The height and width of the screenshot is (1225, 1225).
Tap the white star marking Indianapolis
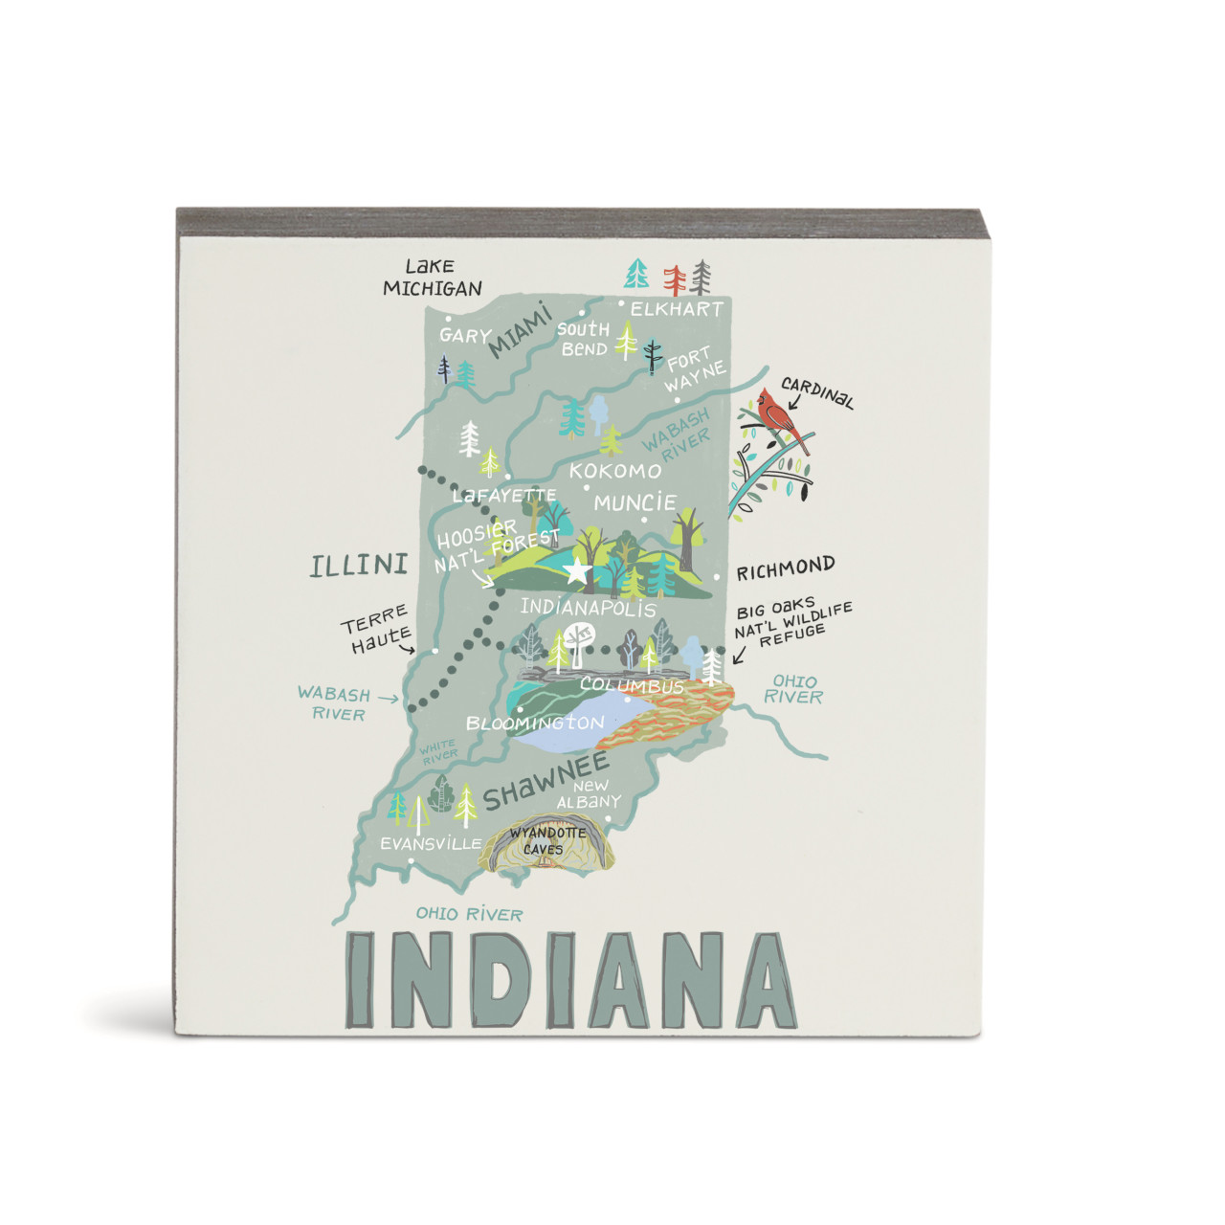click(576, 572)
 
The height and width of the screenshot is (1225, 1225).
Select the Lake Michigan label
click(432, 278)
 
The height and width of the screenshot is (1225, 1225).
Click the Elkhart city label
click(677, 309)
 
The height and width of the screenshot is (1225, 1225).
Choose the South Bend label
click(584, 340)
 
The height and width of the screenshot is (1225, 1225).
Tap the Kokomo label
click(614, 471)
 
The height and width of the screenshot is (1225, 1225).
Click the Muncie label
click(635, 502)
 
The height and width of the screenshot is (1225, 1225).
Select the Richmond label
click(785, 569)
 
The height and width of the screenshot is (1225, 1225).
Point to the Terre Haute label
click(377, 629)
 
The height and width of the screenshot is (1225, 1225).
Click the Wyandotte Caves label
click(546, 841)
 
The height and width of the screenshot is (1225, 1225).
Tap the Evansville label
click(431, 844)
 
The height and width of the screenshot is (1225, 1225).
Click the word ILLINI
click(359, 566)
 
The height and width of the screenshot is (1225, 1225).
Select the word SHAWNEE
click(546, 781)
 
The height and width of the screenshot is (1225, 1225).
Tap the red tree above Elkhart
click(676, 279)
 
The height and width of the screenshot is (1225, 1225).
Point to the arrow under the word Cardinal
click(795, 402)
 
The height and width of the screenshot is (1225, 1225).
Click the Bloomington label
click(534, 723)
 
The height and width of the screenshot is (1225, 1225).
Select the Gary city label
click(465, 336)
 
